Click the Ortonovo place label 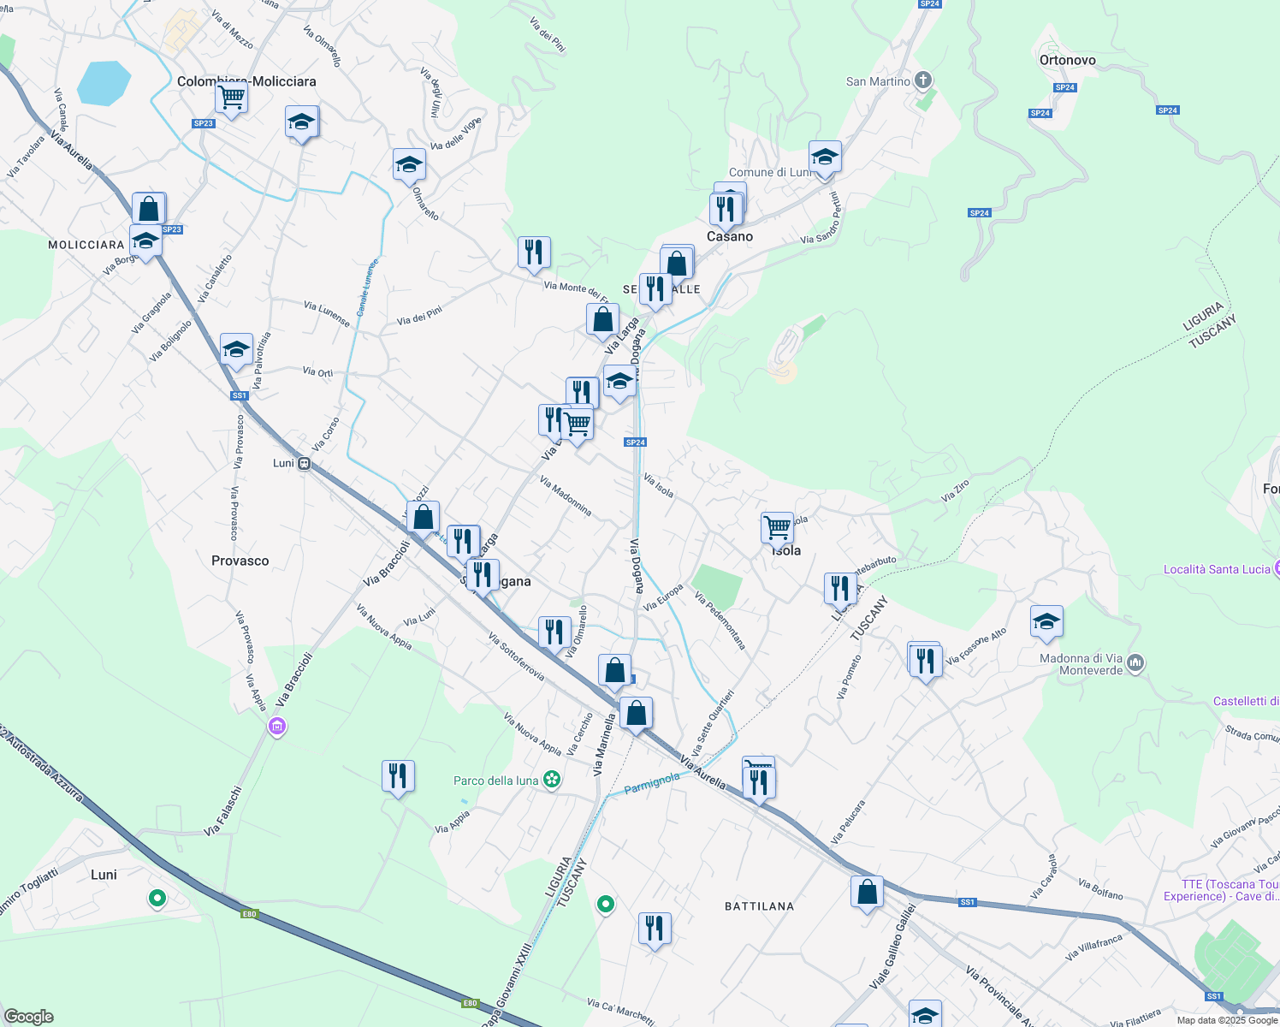1067,60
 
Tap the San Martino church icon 922,81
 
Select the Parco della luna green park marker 553,780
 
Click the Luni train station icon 304,463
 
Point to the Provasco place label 240,561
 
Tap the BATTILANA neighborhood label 759,906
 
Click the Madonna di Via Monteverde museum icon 1135,662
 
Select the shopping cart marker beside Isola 777,527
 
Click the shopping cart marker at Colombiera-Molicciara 231,98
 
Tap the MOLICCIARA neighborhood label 86,245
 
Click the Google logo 28,1016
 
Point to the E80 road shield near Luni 249,914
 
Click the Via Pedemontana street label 720,620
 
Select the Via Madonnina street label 566,496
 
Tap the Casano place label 730,236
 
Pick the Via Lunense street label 327,313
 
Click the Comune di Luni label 768,172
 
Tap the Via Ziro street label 955,490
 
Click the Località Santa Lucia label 1216,569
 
